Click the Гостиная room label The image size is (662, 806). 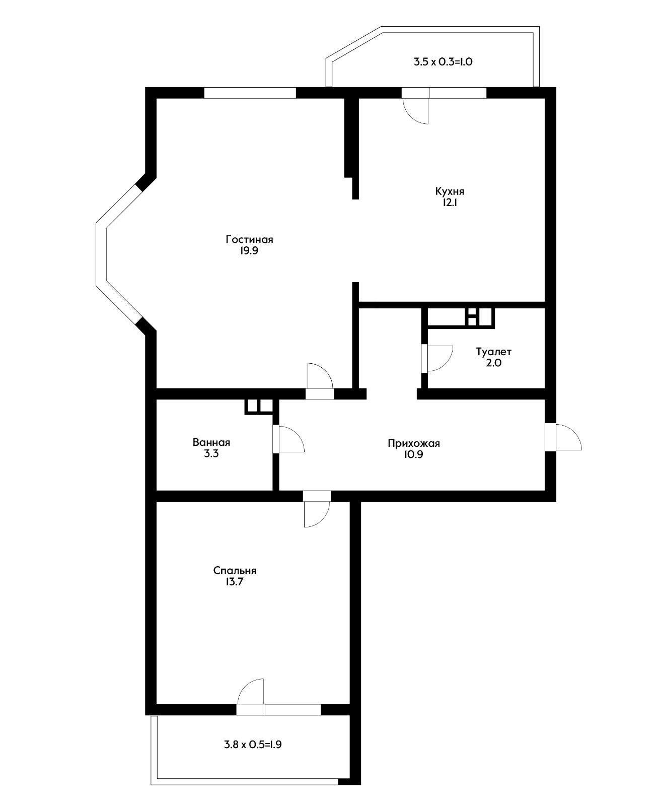coord(249,240)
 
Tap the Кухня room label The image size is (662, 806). coord(450,191)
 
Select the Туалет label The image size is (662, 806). coord(493,352)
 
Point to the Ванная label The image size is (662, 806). coord(211,443)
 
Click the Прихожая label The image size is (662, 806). coord(414,443)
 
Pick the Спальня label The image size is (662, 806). coord(235,571)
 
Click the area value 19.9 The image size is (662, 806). coord(249,251)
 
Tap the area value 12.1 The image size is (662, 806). coord(450,203)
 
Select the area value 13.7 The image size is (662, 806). coord(235,582)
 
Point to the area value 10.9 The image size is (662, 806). coord(414,454)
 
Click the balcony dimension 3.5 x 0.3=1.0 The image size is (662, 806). coord(443,62)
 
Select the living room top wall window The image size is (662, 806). coord(250,93)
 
